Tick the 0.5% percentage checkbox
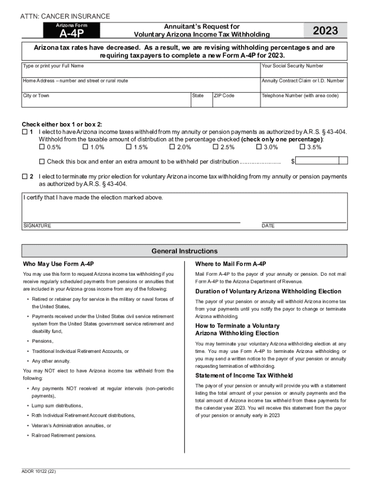point(42,147)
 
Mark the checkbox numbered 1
point(25,132)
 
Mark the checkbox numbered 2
point(25,176)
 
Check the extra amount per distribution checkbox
point(42,162)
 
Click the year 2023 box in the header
point(325,31)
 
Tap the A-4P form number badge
point(72,32)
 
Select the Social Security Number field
point(303,70)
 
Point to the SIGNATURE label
point(37,226)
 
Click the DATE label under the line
point(268,226)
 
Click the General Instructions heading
point(184,251)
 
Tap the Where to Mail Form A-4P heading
point(231,264)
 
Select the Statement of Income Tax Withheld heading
point(244,375)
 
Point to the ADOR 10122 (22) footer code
point(39,472)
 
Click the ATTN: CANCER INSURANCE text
point(65,17)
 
